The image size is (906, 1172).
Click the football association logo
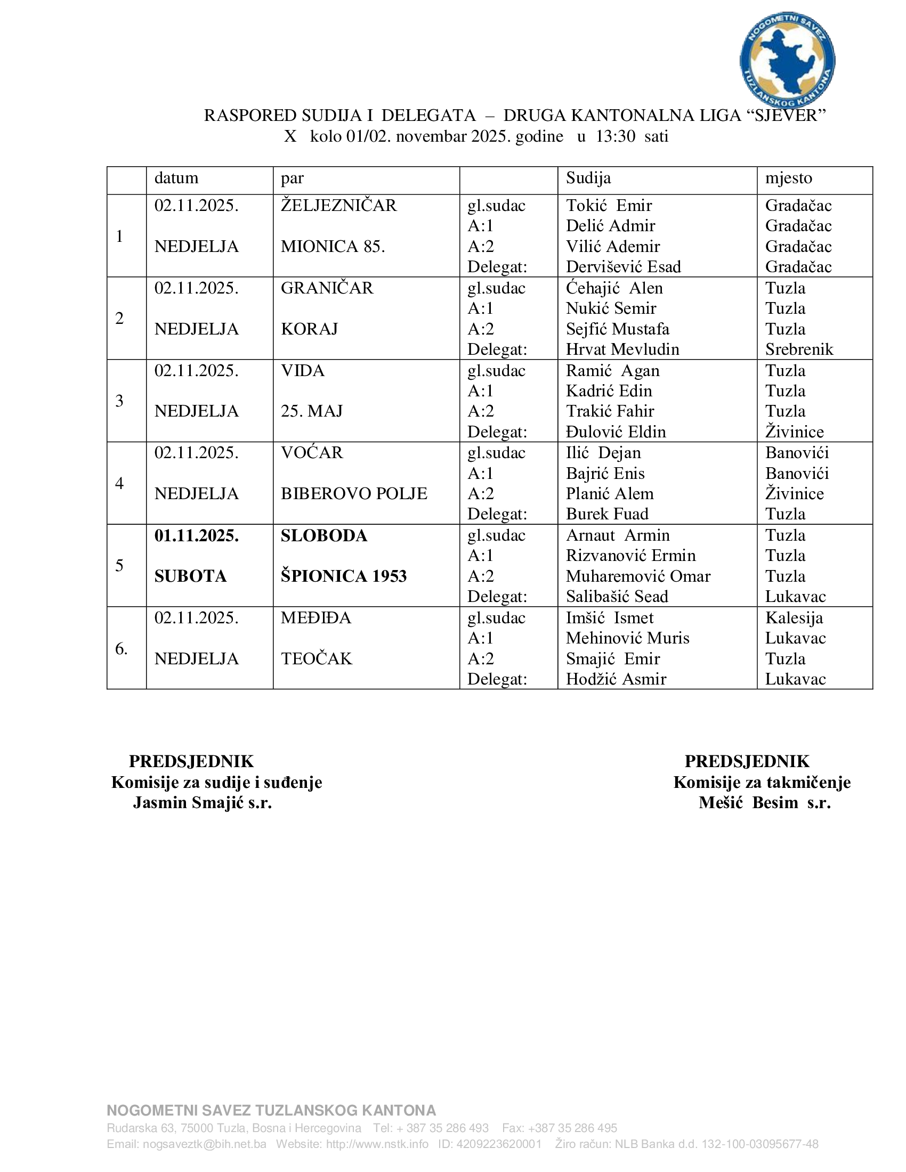click(787, 60)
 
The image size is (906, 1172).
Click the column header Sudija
click(588, 178)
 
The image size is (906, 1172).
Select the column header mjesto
click(788, 178)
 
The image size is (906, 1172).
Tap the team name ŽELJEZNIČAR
click(338, 206)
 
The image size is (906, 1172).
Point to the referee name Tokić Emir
click(609, 206)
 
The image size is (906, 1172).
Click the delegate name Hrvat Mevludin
click(622, 349)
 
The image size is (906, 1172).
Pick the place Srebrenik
click(799, 349)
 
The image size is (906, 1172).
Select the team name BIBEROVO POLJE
click(354, 494)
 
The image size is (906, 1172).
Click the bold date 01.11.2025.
click(197, 535)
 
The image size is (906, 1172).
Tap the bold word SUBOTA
click(191, 576)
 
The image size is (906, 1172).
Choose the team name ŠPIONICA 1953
click(344, 576)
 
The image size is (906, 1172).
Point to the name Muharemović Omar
click(638, 576)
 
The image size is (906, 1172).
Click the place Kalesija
click(794, 618)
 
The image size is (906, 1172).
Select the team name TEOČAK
click(317, 659)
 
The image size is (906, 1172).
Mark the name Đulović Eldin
click(616, 432)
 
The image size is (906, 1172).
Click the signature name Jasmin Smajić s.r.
click(203, 803)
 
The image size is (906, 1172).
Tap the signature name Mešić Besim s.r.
click(765, 803)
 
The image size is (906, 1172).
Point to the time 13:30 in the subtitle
click(616, 136)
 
